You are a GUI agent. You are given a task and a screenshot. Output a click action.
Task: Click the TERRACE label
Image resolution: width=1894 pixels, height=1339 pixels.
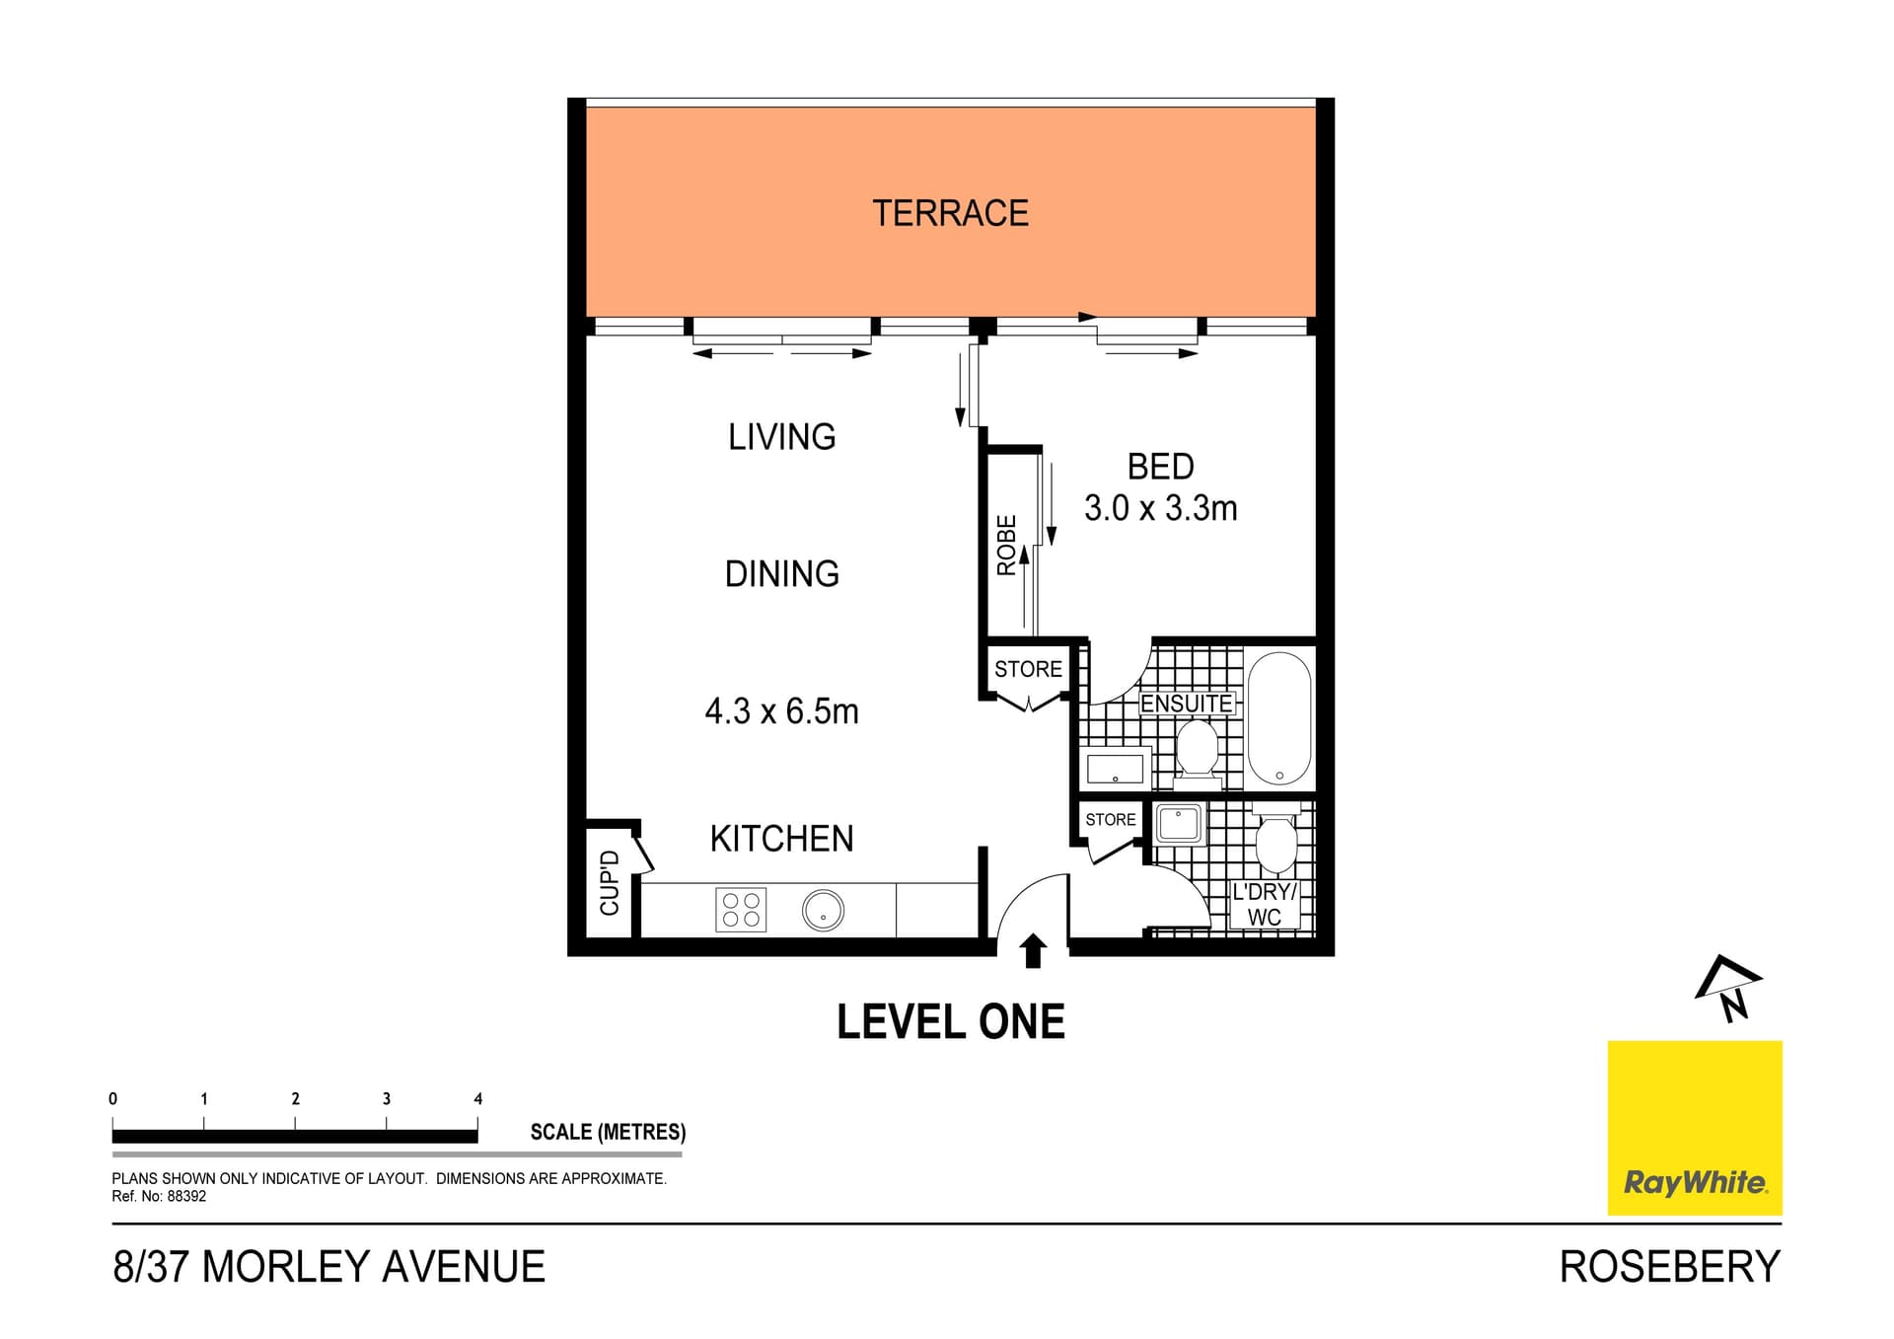(x=950, y=213)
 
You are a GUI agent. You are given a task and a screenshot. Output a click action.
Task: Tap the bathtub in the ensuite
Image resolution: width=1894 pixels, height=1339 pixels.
(x=1279, y=718)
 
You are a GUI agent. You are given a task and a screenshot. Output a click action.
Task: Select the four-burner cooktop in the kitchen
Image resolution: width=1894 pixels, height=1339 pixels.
(x=741, y=910)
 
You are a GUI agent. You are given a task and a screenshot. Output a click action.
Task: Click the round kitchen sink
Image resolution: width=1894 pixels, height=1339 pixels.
(x=823, y=910)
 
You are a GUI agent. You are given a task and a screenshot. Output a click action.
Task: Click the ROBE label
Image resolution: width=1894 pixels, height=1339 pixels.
(x=1006, y=545)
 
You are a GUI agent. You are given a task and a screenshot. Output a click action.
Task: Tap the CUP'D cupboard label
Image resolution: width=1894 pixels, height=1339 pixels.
(x=610, y=882)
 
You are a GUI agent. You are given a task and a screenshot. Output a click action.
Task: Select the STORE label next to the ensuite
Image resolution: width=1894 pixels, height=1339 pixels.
(x=1028, y=669)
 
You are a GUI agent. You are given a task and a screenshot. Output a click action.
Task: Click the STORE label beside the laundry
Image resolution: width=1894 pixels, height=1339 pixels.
(x=1110, y=819)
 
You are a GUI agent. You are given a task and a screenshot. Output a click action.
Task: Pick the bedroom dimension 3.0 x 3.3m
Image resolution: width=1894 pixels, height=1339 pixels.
(x=1160, y=508)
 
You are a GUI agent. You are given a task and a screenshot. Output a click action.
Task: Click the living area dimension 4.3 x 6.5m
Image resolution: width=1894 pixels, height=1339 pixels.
(x=781, y=710)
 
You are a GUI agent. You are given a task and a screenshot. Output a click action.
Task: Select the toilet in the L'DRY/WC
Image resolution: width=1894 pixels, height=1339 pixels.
(x=1275, y=841)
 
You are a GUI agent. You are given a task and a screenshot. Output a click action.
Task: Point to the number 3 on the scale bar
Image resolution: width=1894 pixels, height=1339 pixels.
(x=387, y=1098)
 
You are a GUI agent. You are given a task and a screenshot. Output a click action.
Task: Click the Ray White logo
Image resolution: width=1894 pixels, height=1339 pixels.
(x=1694, y=1128)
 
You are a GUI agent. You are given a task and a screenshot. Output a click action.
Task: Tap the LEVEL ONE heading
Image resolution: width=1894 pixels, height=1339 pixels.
(x=950, y=1022)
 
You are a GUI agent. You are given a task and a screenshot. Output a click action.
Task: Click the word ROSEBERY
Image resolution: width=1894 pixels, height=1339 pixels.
(x=1669, y=1267)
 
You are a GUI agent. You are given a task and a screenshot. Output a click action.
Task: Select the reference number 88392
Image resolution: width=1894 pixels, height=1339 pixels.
(x=186, y=1196)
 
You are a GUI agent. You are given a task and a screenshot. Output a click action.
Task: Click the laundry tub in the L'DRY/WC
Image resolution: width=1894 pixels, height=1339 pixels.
(x=1179, y=823)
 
